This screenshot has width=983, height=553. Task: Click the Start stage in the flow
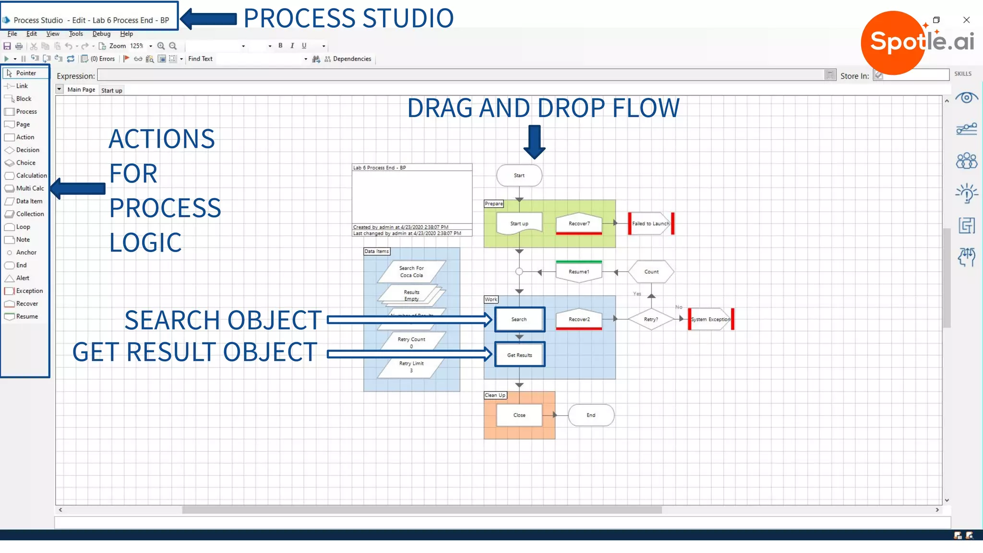[x=519, y=176]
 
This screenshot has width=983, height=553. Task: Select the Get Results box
[x=519, y=355]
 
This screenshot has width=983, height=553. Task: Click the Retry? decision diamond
[x=651, y=319]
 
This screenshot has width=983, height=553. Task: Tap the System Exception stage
[x=710, y=319]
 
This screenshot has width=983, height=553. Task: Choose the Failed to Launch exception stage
[x=650, y=224]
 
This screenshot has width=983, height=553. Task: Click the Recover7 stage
[x=579, y=224]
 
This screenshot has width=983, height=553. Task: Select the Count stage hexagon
[x=651, y=272]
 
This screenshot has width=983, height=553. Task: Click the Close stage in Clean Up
[x=519, y=415]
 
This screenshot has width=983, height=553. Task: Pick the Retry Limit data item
[x=411, y=367]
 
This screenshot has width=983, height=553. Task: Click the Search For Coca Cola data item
[x=411, y=272]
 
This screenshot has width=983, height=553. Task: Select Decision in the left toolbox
[x=27, y=150]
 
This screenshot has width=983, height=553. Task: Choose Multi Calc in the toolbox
[x=29, y=189]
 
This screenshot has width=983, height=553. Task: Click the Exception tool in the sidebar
[x=29, y=291]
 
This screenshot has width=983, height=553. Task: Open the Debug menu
[x=101, y=34]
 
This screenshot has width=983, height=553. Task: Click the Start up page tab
[x=111, y=90]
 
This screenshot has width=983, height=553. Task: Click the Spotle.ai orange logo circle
[x=893, y=42]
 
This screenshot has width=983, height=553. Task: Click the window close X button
[x=966, y=20]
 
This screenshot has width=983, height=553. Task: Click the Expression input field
[x=461, y=75]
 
